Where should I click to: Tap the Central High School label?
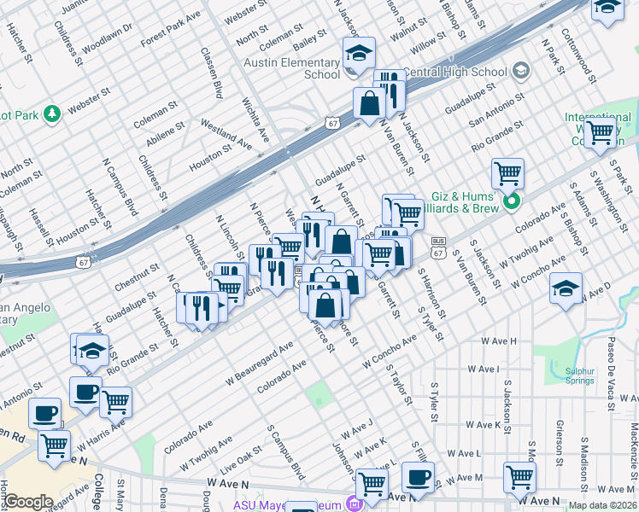(x=454, y=72)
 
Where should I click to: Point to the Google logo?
(x=28, y=502)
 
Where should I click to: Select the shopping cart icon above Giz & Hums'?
(x=507, y=174)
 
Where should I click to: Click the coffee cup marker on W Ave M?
(x=418, y=478)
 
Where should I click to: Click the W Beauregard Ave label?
(x=260, y=362)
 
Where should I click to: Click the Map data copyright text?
(x=603, y=505)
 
